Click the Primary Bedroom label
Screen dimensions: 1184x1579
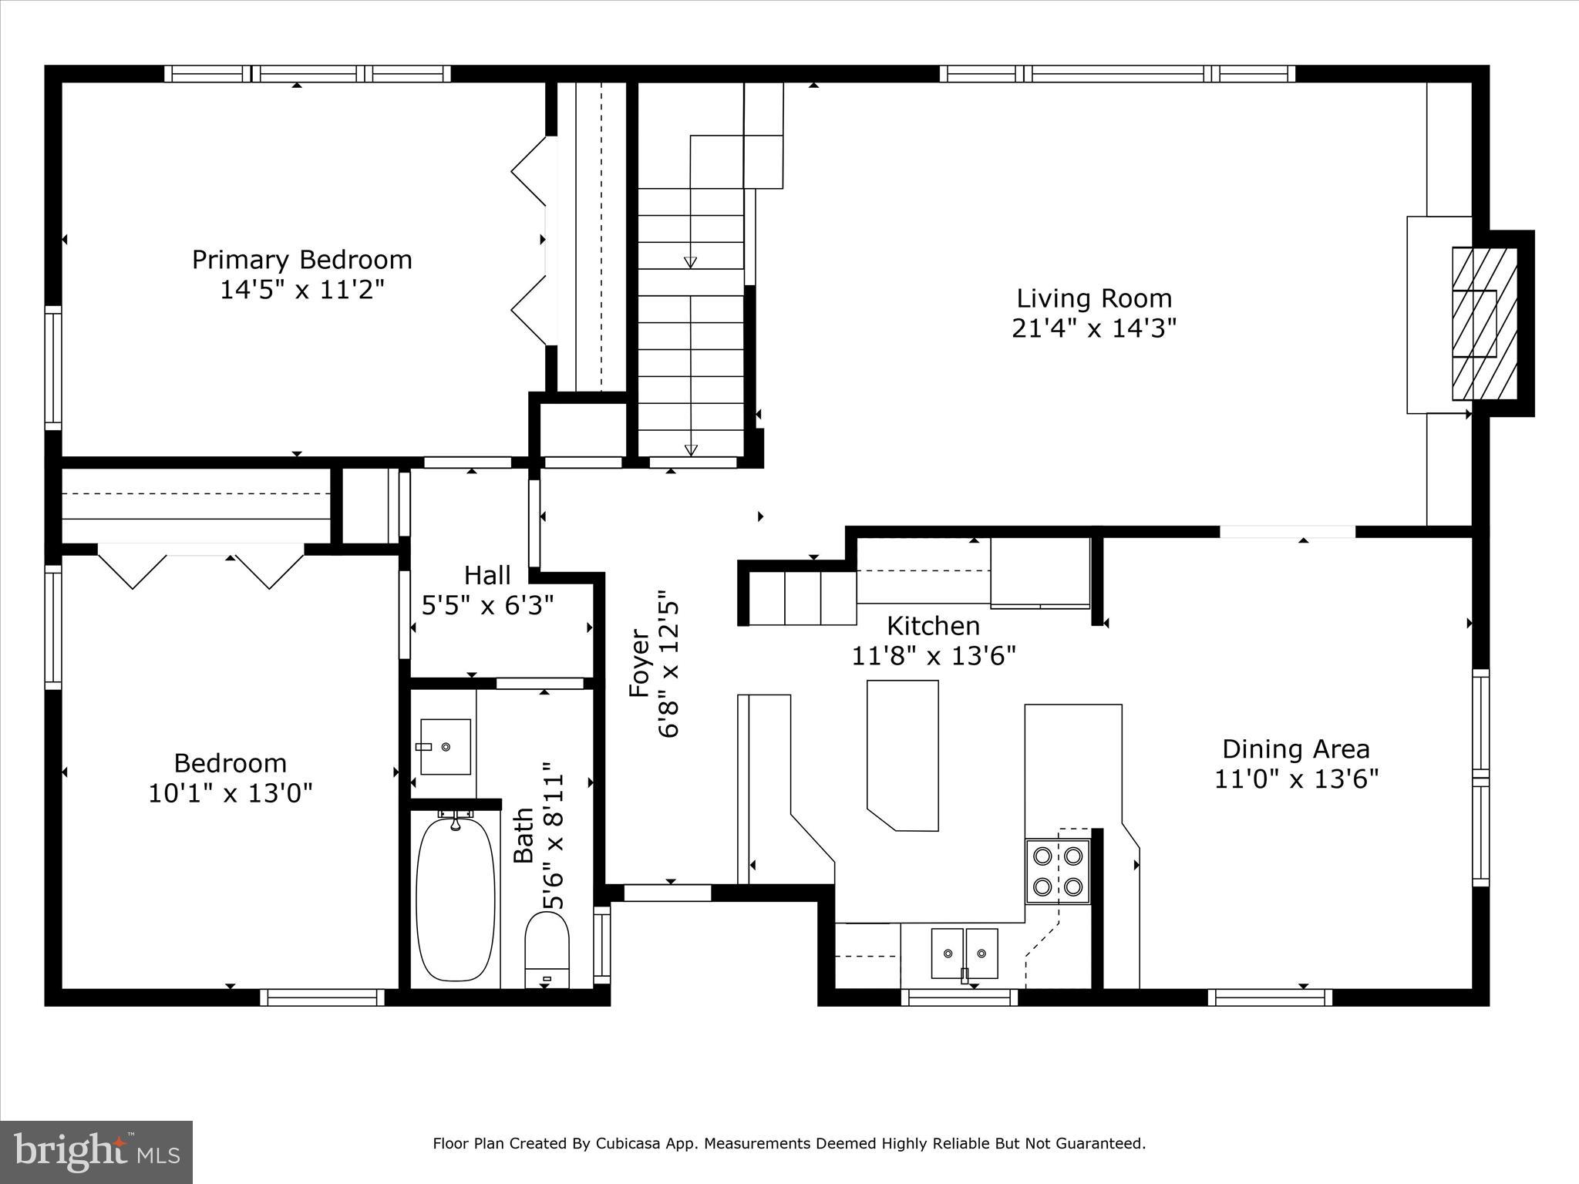[x=301, y=260]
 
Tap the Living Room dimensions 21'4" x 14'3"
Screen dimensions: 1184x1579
[x=1093, y=329]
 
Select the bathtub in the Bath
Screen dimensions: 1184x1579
[x=455, y=899]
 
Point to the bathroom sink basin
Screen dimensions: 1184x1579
[x=446, y=746]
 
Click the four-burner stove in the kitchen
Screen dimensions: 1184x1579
[x=1057, y=871]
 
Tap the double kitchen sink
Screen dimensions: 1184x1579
[x=964, y=953]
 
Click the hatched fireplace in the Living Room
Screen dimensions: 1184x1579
[x=1484, y=324]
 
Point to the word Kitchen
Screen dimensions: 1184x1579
[x=933, y=625]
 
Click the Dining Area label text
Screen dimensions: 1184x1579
[x=1295, y=748]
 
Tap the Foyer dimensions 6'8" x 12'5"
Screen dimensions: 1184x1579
[x=668, y=664]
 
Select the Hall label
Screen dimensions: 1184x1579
[x=487, y=575]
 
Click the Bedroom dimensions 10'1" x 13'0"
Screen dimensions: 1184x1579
[x=230, y=793]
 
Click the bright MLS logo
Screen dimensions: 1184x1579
[x=96, y=1152]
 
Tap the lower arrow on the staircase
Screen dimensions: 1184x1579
[x=691, y=450]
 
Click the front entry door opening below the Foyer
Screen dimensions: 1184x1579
[x=667, y=893]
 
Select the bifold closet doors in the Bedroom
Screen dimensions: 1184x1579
[x=200, y=567]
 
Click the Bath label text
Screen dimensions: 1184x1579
[x=524, y=836]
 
